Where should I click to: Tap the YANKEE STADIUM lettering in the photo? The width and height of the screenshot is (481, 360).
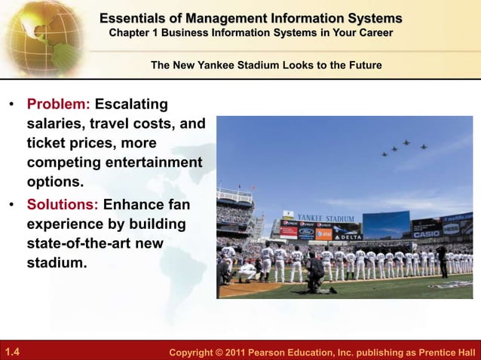point(325,218)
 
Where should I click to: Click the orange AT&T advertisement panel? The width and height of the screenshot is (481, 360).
point(323,234)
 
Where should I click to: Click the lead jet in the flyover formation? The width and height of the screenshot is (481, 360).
point(406,142)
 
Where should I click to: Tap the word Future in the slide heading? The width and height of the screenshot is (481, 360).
point(363,66)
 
